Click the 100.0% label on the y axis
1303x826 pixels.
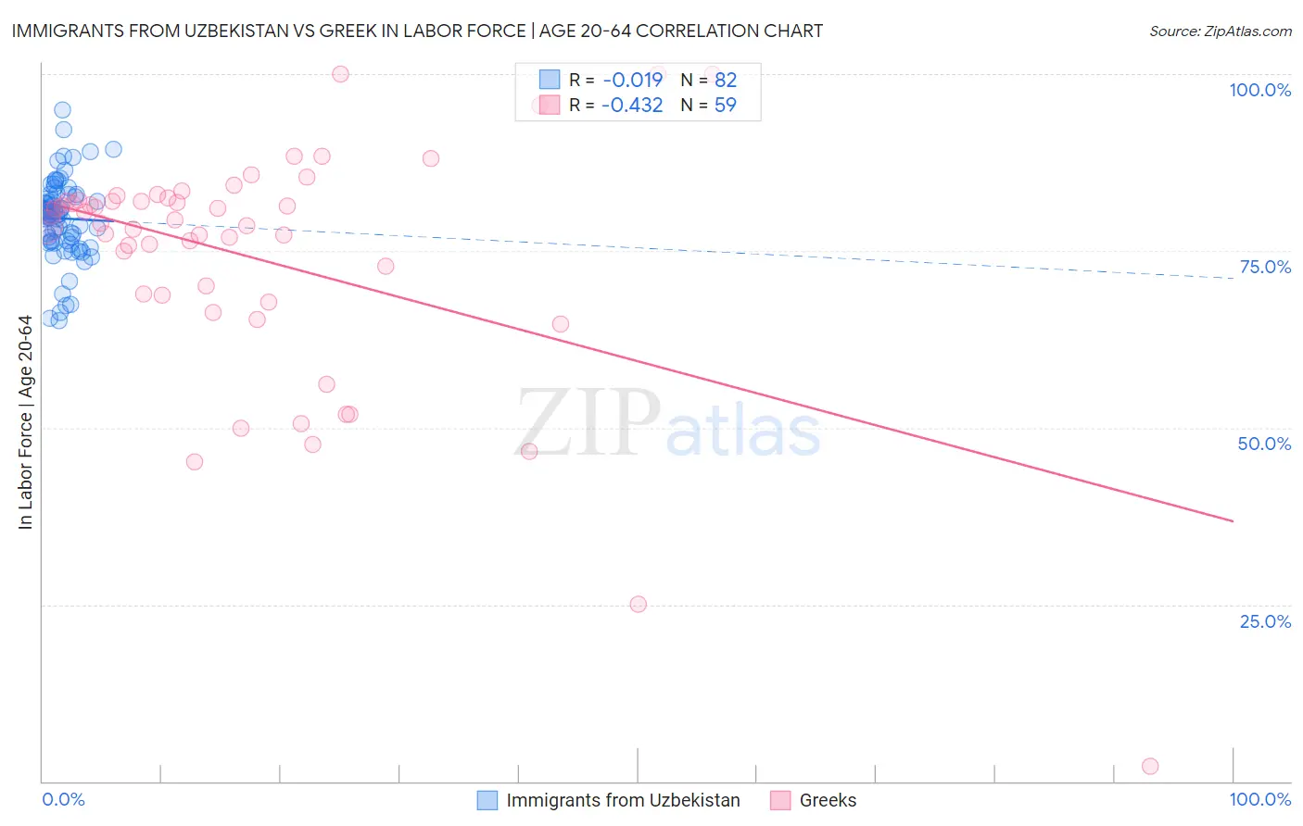[x=1259, y=90]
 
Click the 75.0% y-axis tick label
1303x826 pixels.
[x=1265, y=267]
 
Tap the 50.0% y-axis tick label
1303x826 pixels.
[x=1264, y=444]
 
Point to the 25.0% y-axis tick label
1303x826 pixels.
[x=1265, y=621]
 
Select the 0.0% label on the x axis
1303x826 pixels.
[x=63, y=799]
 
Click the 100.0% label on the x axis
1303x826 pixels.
[x=1259, y=799]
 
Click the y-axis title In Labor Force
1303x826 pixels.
[x=25, y=422]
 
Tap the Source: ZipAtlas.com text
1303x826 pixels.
[x=1220, y=31]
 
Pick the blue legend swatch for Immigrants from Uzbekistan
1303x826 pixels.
[x=487, y=800]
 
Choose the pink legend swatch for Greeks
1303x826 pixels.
[x=780, y=800]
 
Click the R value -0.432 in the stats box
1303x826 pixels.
[x=632, y=105]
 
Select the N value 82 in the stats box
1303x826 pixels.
[x=725, y=80]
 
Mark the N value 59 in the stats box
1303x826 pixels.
[x=725, y=105]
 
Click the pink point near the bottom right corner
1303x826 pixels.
[x=1150, y=766]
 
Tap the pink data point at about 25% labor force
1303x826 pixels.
[x=638, y=604]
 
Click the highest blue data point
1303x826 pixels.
[x=62, y=110]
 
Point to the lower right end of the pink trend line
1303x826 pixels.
[x=1233, y=521]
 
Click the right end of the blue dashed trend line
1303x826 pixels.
[x=1233, y=278]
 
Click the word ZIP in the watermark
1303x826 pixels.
[x=588, y=424]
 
